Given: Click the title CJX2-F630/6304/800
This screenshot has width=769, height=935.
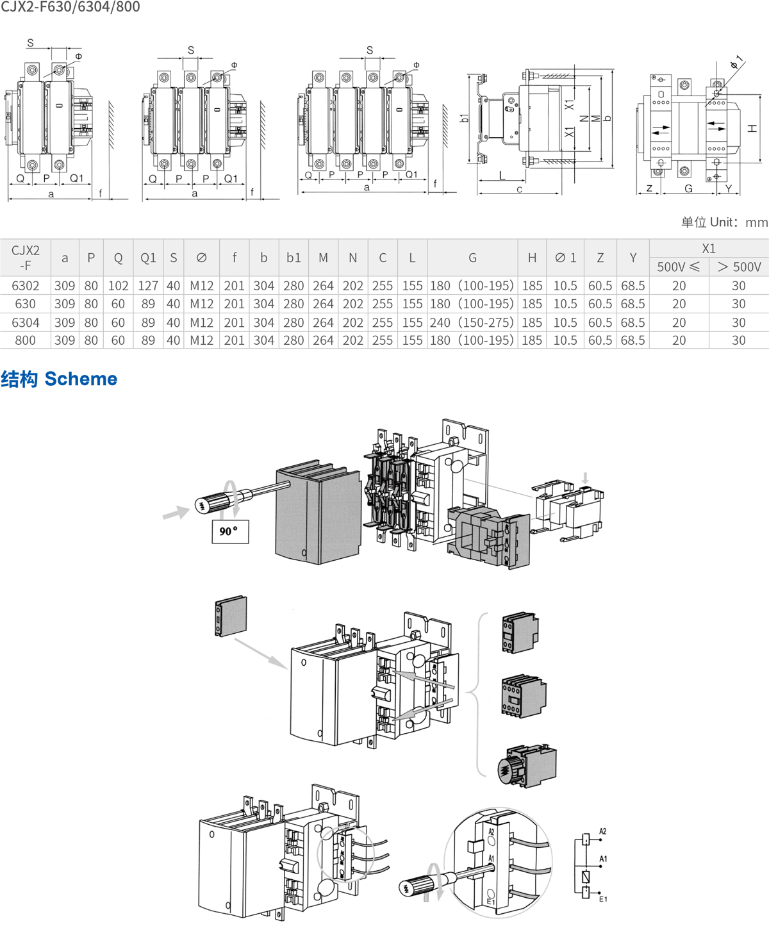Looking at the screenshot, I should click(x=70, y=7).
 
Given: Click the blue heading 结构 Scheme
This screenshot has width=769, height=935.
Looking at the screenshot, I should click(x=59, y=379).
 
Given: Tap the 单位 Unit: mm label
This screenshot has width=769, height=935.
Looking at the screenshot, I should click(x=724, y=222).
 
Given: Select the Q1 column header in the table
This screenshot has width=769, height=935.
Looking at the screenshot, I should click(x=148, y=258).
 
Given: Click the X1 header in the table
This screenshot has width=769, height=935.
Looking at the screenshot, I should click(x=708, y=248).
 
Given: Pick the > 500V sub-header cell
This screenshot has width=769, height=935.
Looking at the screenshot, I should click(x=739, y=267).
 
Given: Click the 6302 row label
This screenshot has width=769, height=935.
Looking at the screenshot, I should click(x=26, y=286).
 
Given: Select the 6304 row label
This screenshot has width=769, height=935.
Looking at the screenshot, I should click(x=26, y=322).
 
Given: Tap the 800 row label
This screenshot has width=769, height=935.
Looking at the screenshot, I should click(x=26, y=340).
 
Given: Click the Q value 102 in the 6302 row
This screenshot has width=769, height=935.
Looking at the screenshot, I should click(x=118, y=286).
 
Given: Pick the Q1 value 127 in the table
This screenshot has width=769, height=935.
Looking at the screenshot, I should click(x=148, y=286).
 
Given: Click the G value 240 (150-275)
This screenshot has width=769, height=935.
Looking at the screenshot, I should click(x=472, y=322).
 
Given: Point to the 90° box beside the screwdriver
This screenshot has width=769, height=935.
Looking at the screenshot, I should click(x=230, y=531).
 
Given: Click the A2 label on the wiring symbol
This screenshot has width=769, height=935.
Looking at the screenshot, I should click(x=602, y=831).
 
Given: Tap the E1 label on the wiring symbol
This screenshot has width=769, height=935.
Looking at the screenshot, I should click(x=602, y=899).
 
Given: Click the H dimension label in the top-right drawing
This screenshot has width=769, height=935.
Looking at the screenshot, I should click(x=752, y=129).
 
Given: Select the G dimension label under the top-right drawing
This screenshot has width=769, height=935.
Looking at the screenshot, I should click(x=688, y=188).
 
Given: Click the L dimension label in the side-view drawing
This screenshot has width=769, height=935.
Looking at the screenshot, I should click(x=502, y=176).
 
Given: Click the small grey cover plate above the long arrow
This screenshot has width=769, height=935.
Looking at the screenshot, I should click(x=231, y=616).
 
